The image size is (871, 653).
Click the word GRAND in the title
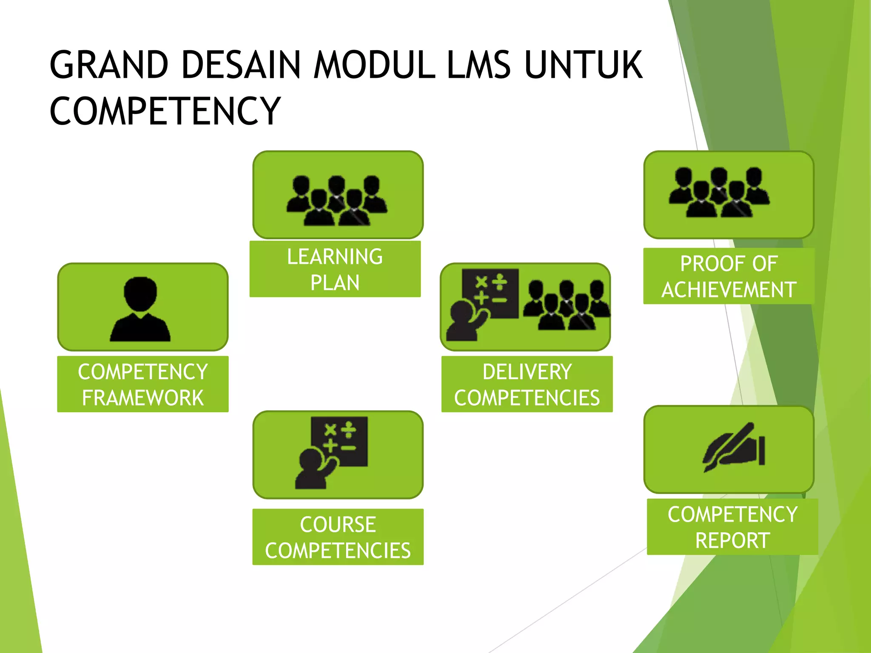tap(109, 65)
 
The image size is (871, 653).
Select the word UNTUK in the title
tap(584, 65)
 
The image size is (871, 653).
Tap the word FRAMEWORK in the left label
tap(143, 398)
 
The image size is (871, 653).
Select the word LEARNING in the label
tap(335, 257)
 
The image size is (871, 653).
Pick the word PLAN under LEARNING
tap(335, 283)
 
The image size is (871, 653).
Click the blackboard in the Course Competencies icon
tap(339, 440)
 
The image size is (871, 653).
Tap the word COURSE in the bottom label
tap(338, 525)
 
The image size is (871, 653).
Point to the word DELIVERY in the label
tap(527, 372)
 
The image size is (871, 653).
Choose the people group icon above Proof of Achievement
tap(719, 192)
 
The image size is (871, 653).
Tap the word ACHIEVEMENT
tap(729, 290)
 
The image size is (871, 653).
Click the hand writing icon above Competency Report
tap(734, 446)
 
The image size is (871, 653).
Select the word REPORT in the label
tap(732, 541)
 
